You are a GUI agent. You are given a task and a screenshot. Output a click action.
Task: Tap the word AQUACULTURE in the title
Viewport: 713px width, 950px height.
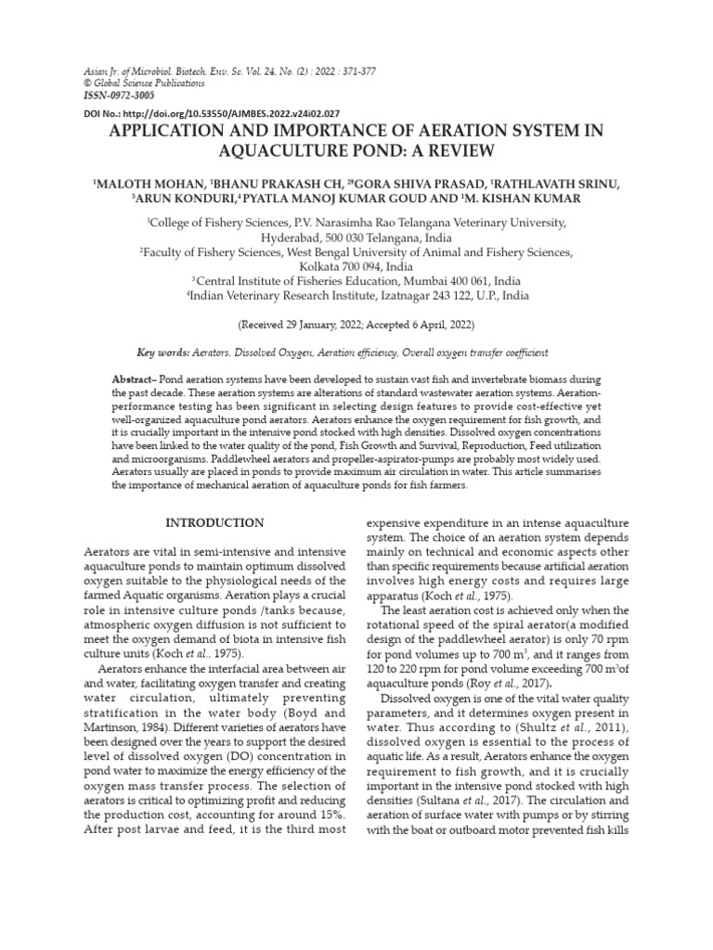pos(298,150)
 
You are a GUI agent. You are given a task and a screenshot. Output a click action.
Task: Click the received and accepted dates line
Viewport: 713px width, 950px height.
pos(356,326)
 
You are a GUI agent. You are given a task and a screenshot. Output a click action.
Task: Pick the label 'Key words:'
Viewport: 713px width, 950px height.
pos(162,353)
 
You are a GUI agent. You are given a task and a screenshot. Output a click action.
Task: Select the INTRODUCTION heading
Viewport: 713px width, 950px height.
pos(214,523)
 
